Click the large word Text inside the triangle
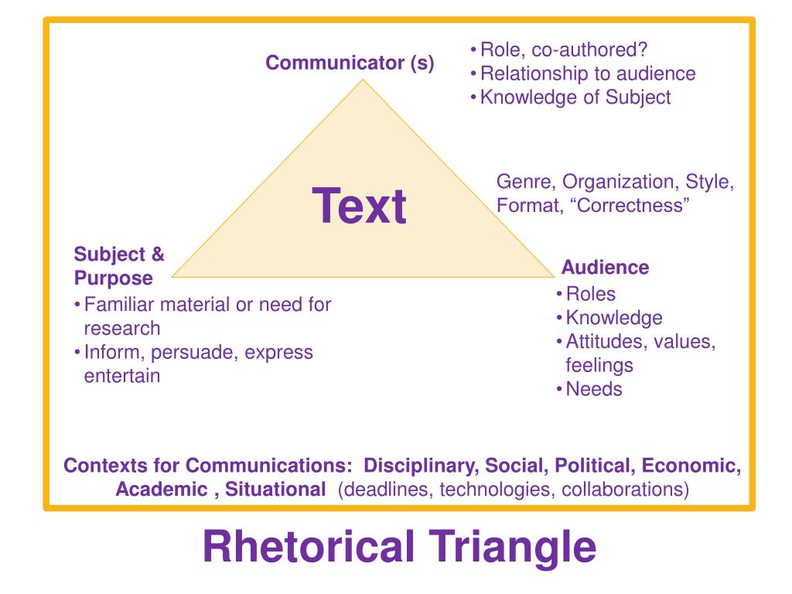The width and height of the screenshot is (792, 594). [x=360, y=207]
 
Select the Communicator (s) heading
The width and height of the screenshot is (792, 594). [x=350, y=63]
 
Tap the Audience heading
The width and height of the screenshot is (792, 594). [x=605, y=268]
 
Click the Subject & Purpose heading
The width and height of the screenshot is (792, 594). [x=119, y=265]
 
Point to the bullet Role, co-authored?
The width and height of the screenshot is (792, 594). [x=563, y=50]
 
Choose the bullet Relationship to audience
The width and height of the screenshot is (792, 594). [x=587, y=73]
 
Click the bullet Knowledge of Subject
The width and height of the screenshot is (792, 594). [x=575, y=97]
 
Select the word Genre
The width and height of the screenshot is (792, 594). [x=525, y=183]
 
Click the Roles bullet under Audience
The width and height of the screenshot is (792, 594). [x=590, y=294]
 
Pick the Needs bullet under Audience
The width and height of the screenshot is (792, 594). [x=593, y=389]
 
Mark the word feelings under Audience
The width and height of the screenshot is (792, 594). [x=599, y=365]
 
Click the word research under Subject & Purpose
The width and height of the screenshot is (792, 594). [x=122, y=328]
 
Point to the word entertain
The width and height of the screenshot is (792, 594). [x=122, y=376]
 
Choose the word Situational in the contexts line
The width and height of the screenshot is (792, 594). [x=275, y=490]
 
